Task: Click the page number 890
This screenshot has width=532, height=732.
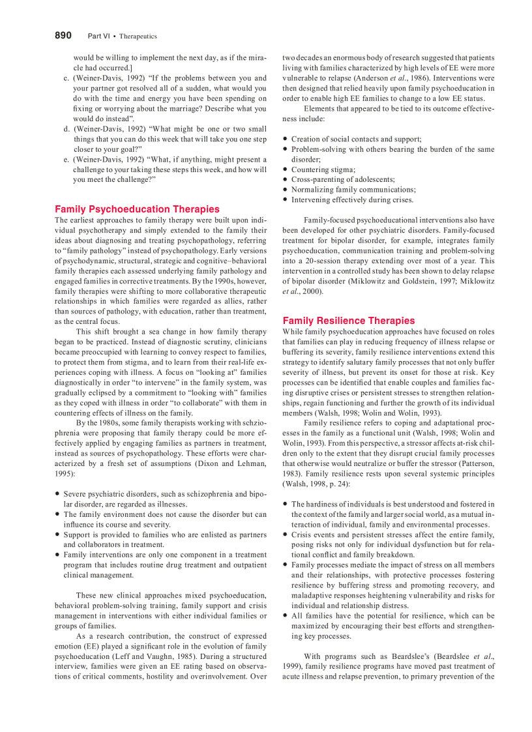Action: tap(63, 36)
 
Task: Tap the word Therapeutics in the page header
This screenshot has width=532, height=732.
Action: tap(138, 37)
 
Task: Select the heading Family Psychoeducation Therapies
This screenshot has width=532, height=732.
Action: tap(137, 209)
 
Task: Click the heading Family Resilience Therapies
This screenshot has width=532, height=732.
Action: tap(348, 321)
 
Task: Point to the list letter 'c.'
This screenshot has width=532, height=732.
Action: tap(67, 78)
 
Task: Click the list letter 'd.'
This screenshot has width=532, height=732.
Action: tap(67, 129)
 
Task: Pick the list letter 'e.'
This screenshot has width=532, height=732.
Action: tap(67, 160)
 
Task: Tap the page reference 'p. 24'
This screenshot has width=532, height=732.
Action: tap(337, 484)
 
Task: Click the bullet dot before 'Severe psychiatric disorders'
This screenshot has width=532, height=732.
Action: tap(57, 494)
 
